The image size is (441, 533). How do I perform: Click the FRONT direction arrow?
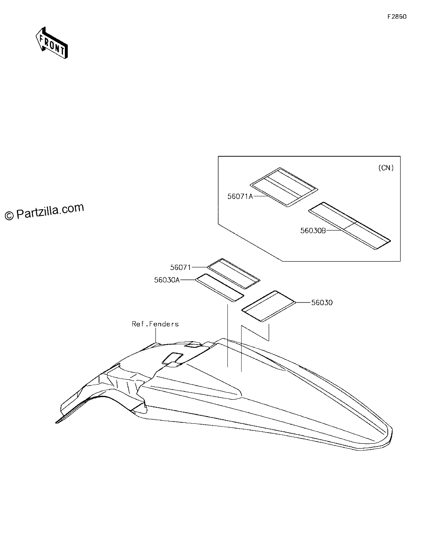pos(52,43)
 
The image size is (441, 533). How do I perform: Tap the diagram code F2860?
pos(397,16)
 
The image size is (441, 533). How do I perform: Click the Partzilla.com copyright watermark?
pos(44,211)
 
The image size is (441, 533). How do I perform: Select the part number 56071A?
pos(240,196)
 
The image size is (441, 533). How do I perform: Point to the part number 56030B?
pos(313,231)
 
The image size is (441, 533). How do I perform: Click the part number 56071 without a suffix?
pos(180,267)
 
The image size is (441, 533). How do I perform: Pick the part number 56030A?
pos(167,280)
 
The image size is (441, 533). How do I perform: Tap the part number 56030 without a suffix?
pos(322,302)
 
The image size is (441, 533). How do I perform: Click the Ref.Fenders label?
pos(155,324)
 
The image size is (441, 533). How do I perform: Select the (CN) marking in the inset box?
pos(386,168)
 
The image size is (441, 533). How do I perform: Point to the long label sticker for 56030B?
pos(350,226)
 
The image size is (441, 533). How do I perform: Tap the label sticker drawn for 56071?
pos(234,274)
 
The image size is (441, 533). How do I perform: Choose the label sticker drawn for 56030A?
pos(220,288)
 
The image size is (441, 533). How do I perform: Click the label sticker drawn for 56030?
pos(269,306)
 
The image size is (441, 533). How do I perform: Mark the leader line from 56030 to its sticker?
pos(303,302)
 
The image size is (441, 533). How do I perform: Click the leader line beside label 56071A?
pos(260,196)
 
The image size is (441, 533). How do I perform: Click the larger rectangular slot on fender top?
pos(172,358)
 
